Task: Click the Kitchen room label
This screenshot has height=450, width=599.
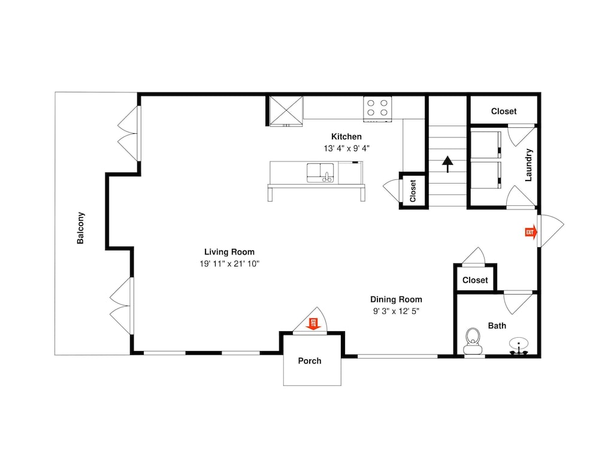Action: [x=346, y=136]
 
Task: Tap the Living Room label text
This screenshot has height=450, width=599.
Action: [x=229, y=252]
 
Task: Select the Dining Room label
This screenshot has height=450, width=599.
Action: [x=396, y=299]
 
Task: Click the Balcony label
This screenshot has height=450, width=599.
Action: [x=81, y=227]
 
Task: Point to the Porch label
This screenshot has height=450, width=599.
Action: [x=310, y=361]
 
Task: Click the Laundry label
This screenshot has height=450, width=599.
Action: [x=528, y=165]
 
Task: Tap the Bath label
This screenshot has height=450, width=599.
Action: [x=497, y=326]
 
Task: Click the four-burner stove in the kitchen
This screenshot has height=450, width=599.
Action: [x=377, y=109]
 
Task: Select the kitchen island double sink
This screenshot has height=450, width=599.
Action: [x=320, y=173]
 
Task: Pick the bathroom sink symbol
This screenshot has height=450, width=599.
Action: [x=518, y=346]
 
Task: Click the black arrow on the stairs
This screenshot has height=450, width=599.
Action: [x=447, y=164]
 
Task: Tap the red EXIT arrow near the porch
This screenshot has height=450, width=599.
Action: [x=314, y=324]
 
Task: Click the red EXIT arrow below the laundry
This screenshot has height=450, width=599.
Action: [x=531, y=232]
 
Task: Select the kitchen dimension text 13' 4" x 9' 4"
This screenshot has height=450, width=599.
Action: [x=346, y=148]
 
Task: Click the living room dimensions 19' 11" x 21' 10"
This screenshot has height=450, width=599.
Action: [x=229, y=263]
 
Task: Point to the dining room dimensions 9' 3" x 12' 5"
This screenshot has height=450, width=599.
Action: [x=396, y=311]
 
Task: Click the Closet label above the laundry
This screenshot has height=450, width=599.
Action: [x=504, y=112]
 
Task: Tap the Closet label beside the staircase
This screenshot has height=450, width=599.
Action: [x=413, y=191]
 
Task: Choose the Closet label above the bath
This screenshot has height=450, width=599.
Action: [x=475, y=280]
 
